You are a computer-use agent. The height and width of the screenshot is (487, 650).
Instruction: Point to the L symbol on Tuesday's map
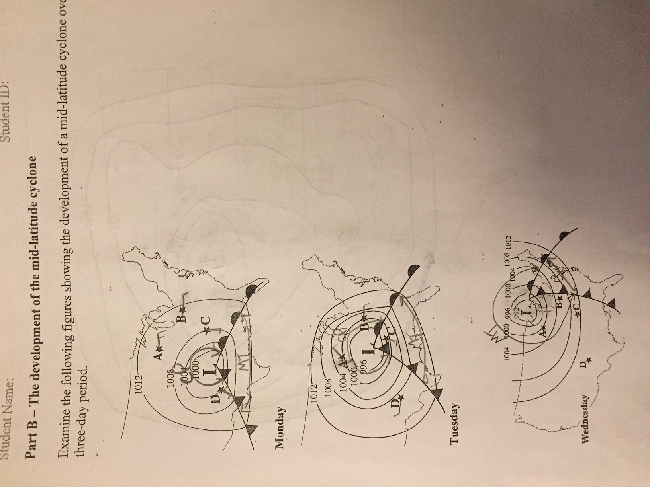(368, 350)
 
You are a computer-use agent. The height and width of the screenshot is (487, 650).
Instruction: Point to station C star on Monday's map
(206, 330)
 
